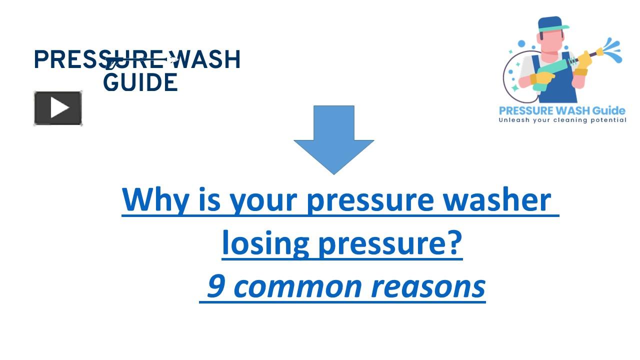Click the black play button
(x=58, y=108)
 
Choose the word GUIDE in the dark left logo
(x=140, y=82)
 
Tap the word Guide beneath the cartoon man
(x=607, y=110)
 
